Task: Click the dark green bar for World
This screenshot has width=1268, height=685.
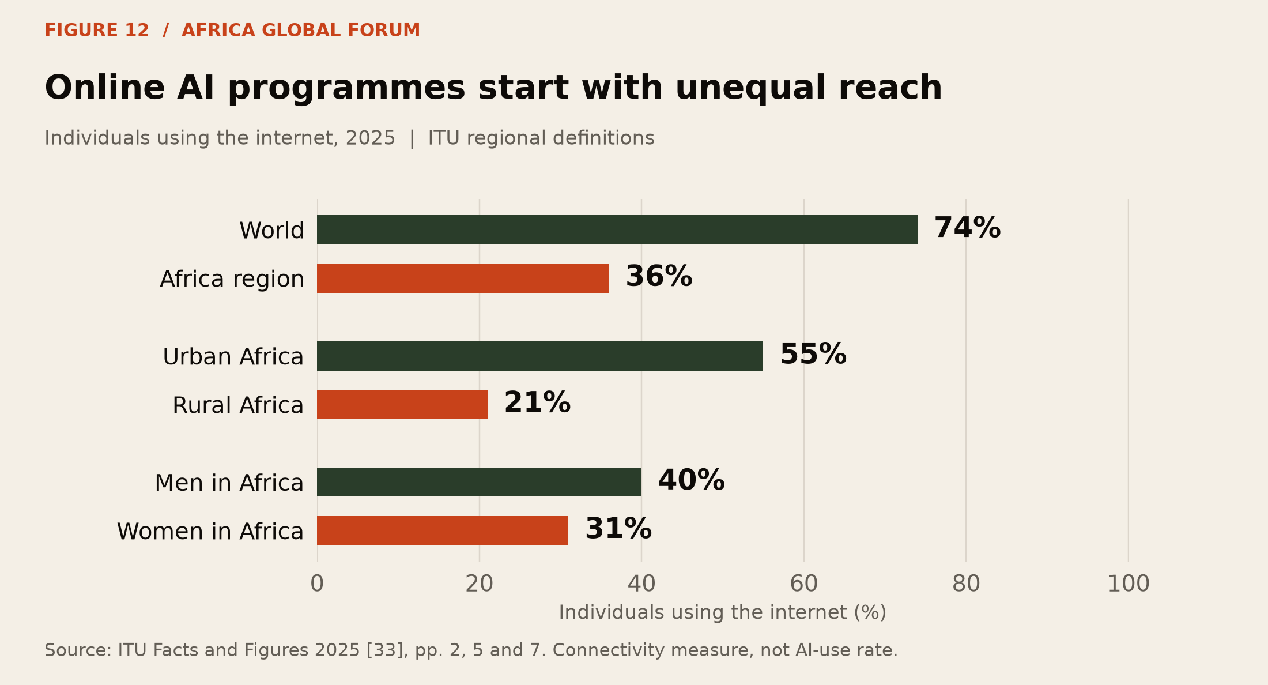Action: [x=617, y=229]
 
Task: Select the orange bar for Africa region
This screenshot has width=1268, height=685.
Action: [x=463, y=278]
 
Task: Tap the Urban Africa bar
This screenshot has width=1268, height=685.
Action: [x=540, y=356]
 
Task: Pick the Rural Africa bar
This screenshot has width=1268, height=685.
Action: [x=402, y=404]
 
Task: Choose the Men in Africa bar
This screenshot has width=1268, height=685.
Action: [x=479, y=482]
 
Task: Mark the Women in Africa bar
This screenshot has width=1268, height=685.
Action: [x=443, y=530]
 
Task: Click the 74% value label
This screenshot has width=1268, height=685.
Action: [x=967, y=228]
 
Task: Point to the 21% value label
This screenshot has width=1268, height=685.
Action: [x=537, y=403]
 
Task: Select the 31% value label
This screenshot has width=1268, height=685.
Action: [x=618, y=529]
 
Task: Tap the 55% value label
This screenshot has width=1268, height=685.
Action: [x=813, y=355]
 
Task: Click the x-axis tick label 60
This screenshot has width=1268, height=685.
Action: [x=804, y=584]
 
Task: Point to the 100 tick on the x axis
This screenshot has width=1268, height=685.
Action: [x=1129, y=584]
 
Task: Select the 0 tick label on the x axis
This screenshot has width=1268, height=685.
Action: [x=317, y=584]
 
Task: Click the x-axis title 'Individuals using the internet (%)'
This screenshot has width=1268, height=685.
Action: [x=723, y=612]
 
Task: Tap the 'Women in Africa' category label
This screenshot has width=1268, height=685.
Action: [x=210, y=531]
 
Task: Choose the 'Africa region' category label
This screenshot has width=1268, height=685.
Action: [x=232, y=280]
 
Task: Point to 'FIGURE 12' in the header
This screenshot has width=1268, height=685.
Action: [x=97, y=31]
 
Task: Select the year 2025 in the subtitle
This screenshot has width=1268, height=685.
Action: [x=371, y=138]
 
